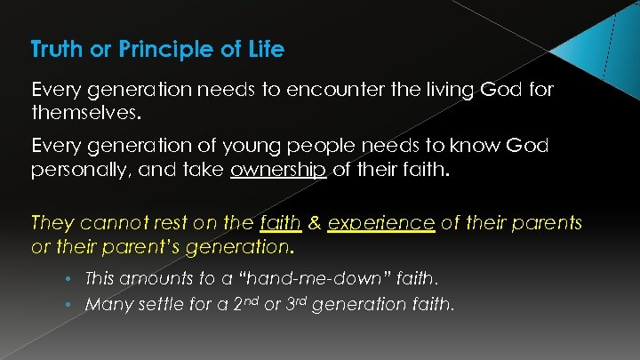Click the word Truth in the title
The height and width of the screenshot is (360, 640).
pos(57,50)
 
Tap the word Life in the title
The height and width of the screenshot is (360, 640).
pos(267,50)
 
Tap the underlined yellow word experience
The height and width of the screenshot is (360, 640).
pos(380,221)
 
